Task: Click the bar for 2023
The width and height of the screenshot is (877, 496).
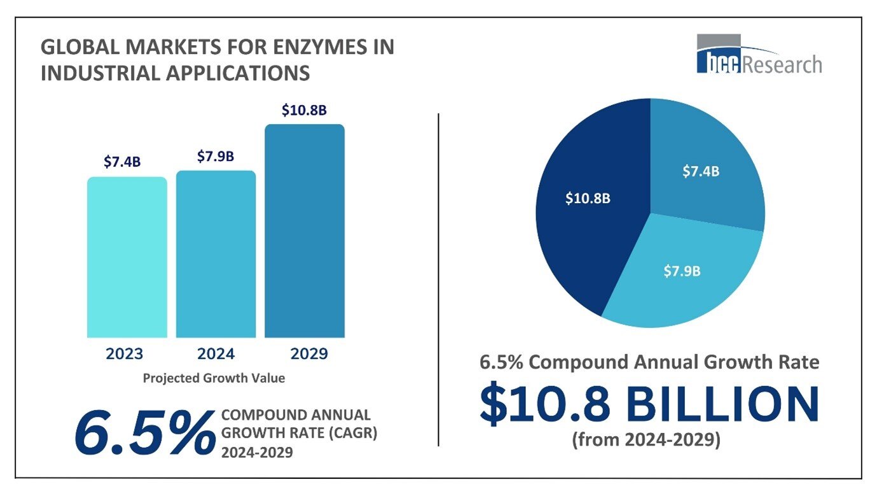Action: pyautogui.click(x=127, y=257)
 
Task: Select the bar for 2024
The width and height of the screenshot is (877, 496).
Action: pyautogui.click(x=216, y=254)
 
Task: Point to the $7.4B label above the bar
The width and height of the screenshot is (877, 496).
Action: pyautogui.click(x=122, y=162)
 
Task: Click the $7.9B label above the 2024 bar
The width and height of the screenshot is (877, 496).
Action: pyautogui.click(x=215, y=156)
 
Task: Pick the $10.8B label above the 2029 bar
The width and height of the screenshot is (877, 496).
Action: pyautogui.click(x=304, y=110)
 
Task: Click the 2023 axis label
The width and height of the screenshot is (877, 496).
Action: pyautogui.click(x=125, y=354)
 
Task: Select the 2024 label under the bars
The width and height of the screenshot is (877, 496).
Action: pyautogui.click(x=215, y=354)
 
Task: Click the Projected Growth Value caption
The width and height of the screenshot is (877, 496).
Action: pyautogui.click(x=214, y=378)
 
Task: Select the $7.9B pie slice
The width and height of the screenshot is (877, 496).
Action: pyautogui.click(x=680, y=271)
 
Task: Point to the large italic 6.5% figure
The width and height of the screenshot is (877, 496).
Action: pyautogui.click(x=145, y=433)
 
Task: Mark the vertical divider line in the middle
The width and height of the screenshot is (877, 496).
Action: pyautogui.click(x=439, y=280)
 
